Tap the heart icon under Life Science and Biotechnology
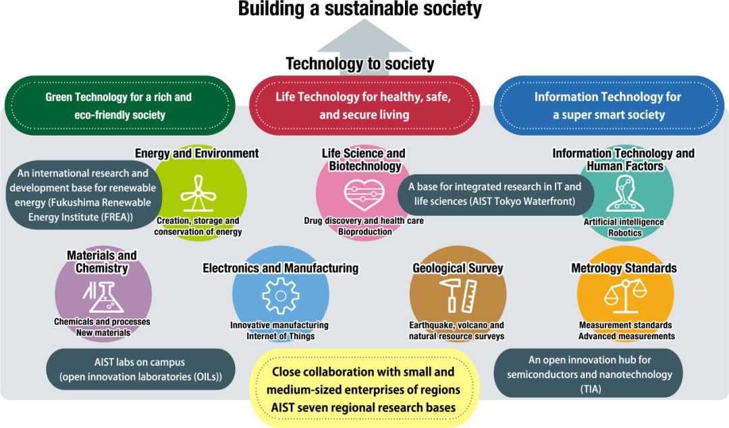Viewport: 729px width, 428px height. [363, 195]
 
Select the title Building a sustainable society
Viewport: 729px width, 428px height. [359, 9]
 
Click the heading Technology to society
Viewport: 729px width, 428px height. [360, 64]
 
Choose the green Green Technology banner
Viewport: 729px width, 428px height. [119, 106]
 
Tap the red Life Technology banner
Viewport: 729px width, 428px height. [364, 106]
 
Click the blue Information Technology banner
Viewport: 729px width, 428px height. [607, 106]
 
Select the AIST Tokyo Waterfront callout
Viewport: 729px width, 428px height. [495, 194]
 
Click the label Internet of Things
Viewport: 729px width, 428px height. [280, 336]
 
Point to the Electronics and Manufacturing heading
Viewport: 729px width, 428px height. [280, 268]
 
